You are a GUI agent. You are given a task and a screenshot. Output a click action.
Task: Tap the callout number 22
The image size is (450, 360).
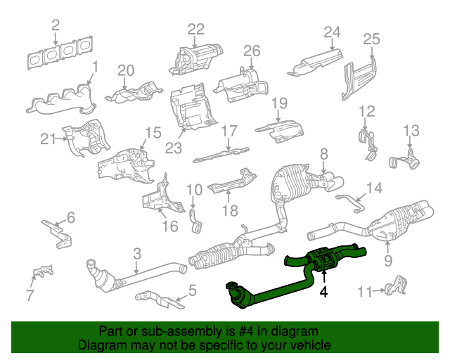[195, 29]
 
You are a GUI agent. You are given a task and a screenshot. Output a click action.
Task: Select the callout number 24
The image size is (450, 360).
[332, 32]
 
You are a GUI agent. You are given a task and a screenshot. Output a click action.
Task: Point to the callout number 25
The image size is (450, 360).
[371, 38]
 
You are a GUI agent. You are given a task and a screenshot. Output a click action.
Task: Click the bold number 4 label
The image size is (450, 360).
[323, 290]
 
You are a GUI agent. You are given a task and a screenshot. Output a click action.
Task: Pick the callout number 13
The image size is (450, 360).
[411, 130]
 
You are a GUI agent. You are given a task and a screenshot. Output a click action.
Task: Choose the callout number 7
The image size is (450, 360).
[29, 295]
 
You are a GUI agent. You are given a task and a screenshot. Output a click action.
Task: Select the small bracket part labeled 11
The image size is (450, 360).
[395, 284]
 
